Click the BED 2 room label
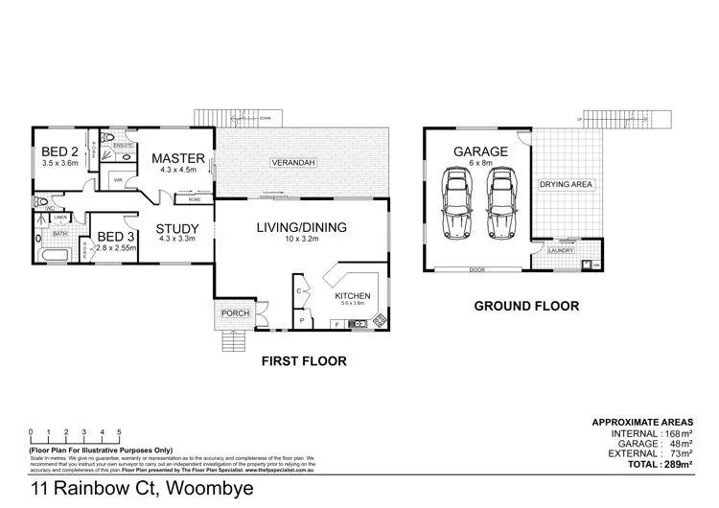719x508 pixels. tap(59, 151)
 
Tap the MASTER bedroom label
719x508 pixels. tap(178, 158)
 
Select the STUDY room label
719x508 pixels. tap(176, 227)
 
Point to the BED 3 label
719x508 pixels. tap(116, 236)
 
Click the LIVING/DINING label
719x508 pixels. tap(301, 227)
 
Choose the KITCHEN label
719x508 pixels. tap(352, 297)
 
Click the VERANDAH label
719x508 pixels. tap(292, 163)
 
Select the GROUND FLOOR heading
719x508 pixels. tap(527, 307)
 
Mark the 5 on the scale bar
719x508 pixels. tap(104, 431)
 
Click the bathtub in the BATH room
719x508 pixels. tap(53, 256)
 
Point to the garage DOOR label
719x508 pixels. tap(476, 270)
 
